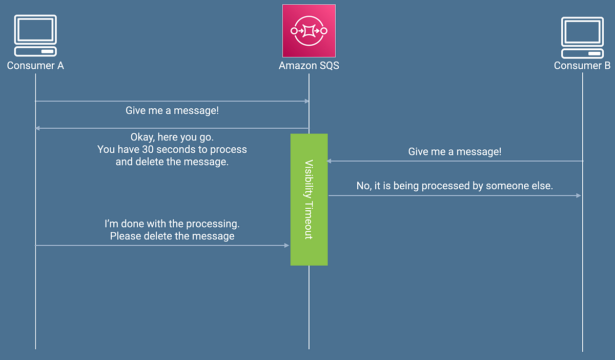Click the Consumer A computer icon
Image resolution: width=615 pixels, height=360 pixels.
click(35, 36)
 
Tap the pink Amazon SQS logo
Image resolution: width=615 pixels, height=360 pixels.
click(309, 31)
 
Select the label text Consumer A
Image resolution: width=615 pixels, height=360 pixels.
click(35, 66)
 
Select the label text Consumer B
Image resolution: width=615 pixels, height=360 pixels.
click(582, 66)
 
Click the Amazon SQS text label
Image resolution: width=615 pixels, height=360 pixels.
click(309, 66)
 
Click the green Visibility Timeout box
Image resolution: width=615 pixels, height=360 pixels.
click(309, 199)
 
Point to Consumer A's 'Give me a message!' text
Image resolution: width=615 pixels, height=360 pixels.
click(172, 110)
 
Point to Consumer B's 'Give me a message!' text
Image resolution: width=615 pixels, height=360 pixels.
click(455, 151)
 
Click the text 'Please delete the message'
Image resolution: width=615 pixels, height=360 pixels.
click(172, 236)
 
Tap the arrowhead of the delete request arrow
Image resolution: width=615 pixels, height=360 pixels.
click(287, 246)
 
